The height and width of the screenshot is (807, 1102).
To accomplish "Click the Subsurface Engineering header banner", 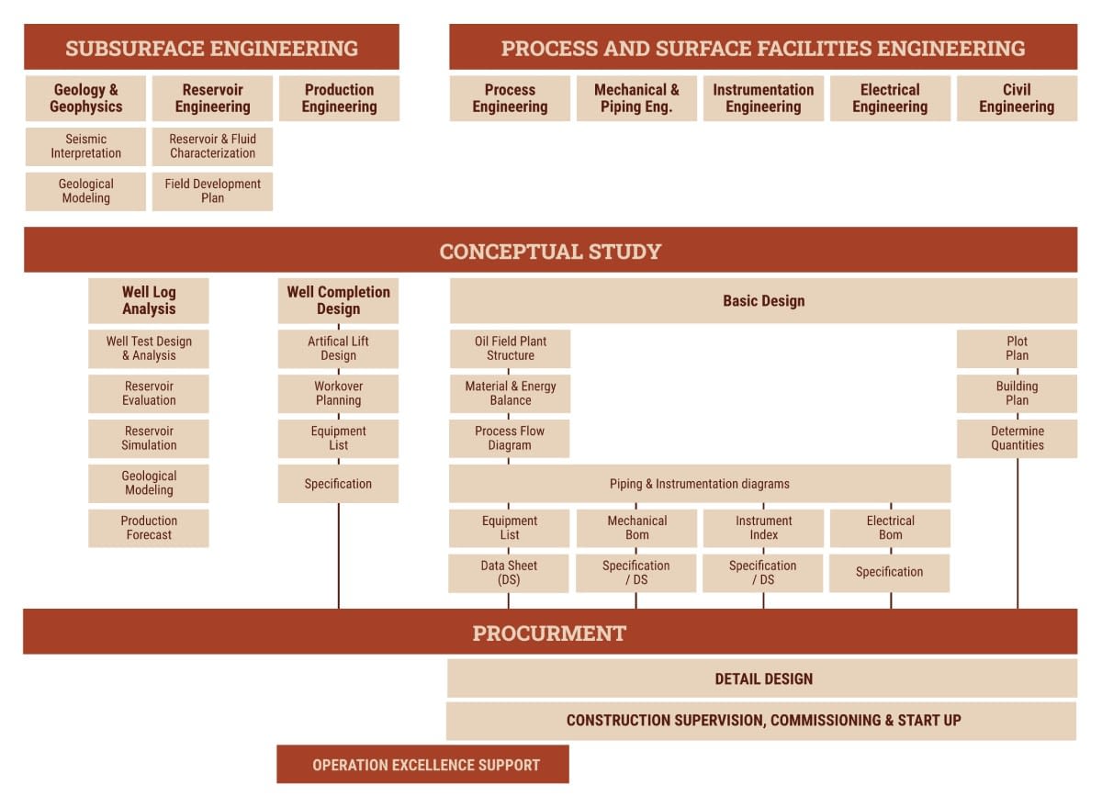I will [211, 48].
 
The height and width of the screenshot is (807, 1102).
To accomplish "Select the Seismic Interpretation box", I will [85, 147].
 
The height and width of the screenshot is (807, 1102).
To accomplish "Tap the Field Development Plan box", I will [212, 191].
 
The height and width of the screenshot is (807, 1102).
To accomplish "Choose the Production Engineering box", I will [339, 98].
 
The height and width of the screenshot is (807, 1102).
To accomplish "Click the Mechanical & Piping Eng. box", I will [636, 98].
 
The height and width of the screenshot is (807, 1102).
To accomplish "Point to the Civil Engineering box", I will [1017, 98].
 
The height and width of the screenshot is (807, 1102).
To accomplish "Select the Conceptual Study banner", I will [550, 251].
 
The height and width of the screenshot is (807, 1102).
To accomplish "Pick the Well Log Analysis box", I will [149, 300].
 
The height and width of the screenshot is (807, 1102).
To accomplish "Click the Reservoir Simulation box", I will [149, 438].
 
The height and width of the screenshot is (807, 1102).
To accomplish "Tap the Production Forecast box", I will [149, 528].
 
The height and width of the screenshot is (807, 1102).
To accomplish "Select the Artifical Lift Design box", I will [338, 349].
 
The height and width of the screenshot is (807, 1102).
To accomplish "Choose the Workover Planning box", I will [338, 393].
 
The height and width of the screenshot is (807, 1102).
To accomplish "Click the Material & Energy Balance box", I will [510, 393].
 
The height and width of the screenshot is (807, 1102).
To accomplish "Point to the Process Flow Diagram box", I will [510, 438].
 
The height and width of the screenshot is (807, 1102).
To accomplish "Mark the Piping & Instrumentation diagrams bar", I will [700, 484].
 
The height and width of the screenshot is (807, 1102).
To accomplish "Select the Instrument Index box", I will [763, 528].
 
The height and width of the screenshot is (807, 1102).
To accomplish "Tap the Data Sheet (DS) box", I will [510, 573].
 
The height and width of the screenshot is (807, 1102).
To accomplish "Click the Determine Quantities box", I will [1017, 438].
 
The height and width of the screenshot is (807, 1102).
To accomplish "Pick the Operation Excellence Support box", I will [423, 765].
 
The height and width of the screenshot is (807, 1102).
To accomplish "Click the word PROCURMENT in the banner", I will [549, 633].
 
